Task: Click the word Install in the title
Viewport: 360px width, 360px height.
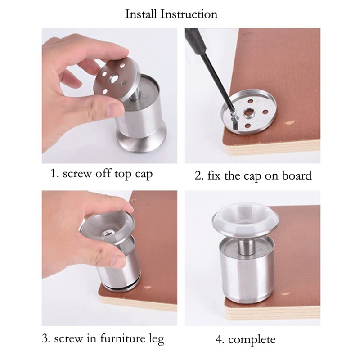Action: click(x=141, y=14)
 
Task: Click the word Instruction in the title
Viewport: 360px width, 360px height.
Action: click(x=189, y=14)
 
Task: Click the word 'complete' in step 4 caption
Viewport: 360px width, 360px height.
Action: click(x=252, y=340)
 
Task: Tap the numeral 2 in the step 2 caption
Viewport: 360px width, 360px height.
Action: click(x=198, y=176)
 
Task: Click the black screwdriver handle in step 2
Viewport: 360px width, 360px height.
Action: click(x=195, y=40)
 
